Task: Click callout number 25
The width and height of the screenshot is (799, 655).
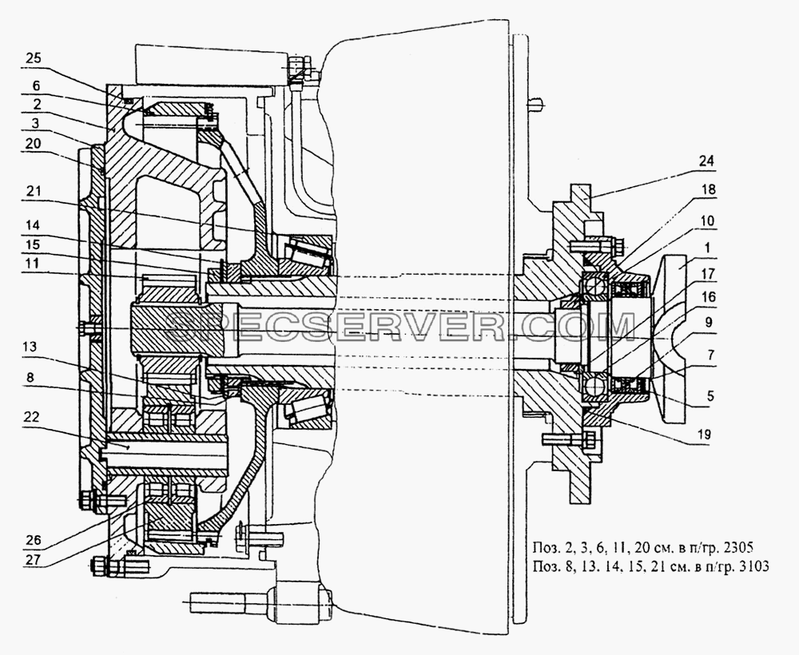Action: [x=33, y=58]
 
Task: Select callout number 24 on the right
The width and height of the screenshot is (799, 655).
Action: [x=707, y=161]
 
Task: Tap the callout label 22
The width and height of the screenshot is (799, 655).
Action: [x=31, y=417]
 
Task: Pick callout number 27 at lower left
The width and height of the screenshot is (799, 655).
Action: [x=33, y=558]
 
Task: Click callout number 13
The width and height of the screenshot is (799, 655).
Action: [x=30, y=347]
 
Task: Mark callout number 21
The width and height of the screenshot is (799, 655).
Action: [x=33, y=192]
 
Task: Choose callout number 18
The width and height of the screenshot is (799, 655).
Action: [x=708, y=189]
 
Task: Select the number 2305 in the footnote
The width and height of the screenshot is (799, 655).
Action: [x=738, y=548]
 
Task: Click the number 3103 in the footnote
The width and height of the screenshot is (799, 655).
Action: [x=753, y=566]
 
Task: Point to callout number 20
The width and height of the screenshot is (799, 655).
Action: [x=33, y=144]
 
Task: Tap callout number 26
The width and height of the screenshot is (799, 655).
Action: [x=33, y=540]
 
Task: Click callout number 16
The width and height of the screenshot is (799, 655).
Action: [x=708, y=296]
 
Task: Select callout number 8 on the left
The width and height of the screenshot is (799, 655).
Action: [x=30, y=377]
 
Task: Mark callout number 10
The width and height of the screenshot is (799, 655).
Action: [x=708, y=221]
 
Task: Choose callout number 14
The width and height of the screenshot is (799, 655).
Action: [x=32, y=224]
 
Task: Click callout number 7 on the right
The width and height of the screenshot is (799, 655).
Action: [x=710, y=355]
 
